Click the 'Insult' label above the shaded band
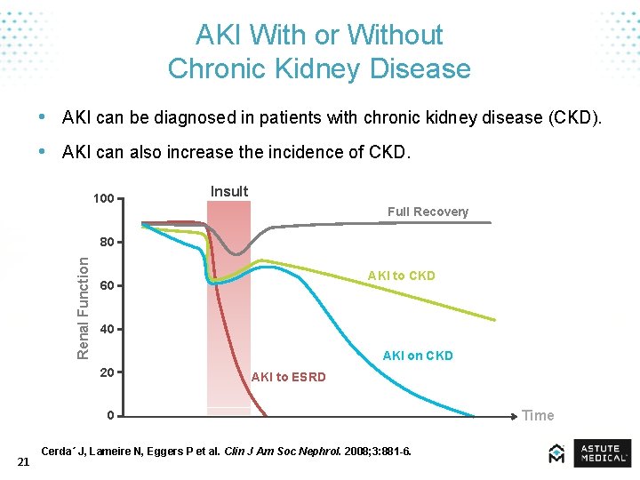tap(229, 191)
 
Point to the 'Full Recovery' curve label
tap(428, 212)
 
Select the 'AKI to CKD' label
tap(402, 276)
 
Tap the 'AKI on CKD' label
tap(418, 356)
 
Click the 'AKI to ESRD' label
tap(288, 377)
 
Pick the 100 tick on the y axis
tap(103, 198)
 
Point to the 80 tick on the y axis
tap(107, 242)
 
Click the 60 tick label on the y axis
tap(107, 286)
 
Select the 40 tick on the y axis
tap(107, 330)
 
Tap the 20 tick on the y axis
tap(107, 372)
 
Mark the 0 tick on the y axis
tap(109, 415)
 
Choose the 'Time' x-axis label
tap(538, 415)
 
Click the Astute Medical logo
tap(590, 453)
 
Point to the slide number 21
tap(24, 460)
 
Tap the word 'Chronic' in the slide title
tap(212, 68)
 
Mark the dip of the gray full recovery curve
tap(235, 254)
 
